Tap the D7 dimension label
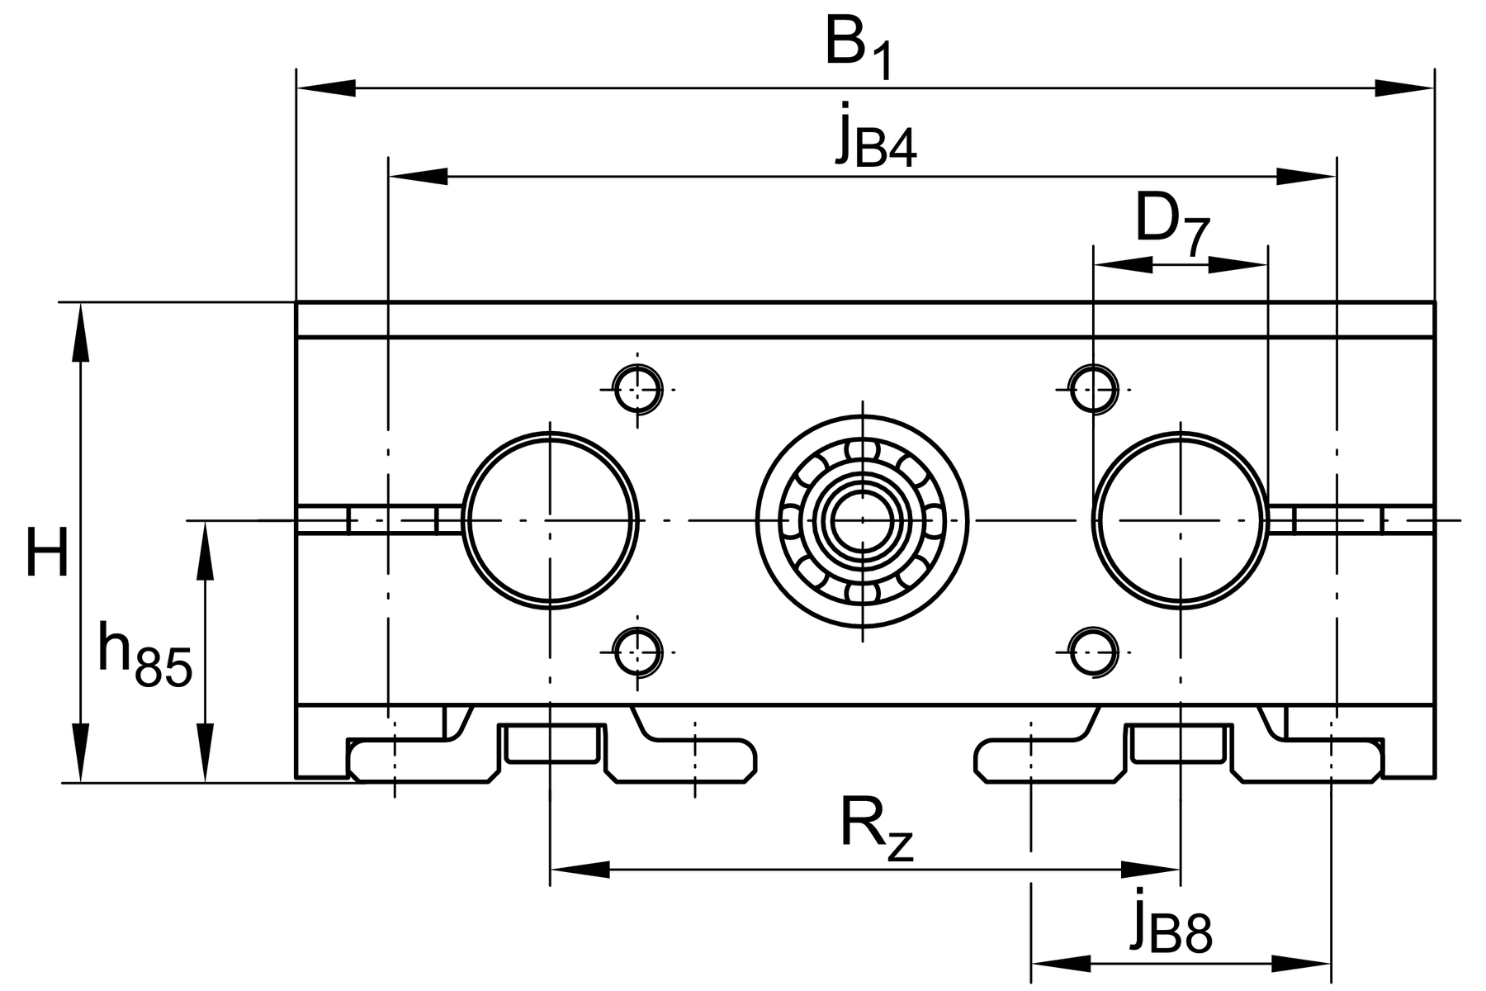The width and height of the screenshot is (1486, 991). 1173,221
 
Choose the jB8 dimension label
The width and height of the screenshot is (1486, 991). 1171,920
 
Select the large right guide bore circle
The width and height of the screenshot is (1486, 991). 1095,520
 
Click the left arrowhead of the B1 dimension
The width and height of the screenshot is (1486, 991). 326,88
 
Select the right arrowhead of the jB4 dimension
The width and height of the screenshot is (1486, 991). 1306,176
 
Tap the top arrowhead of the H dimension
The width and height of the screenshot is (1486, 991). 80,333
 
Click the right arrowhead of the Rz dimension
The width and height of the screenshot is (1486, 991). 1150,869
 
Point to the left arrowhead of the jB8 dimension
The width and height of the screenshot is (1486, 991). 1062,962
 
